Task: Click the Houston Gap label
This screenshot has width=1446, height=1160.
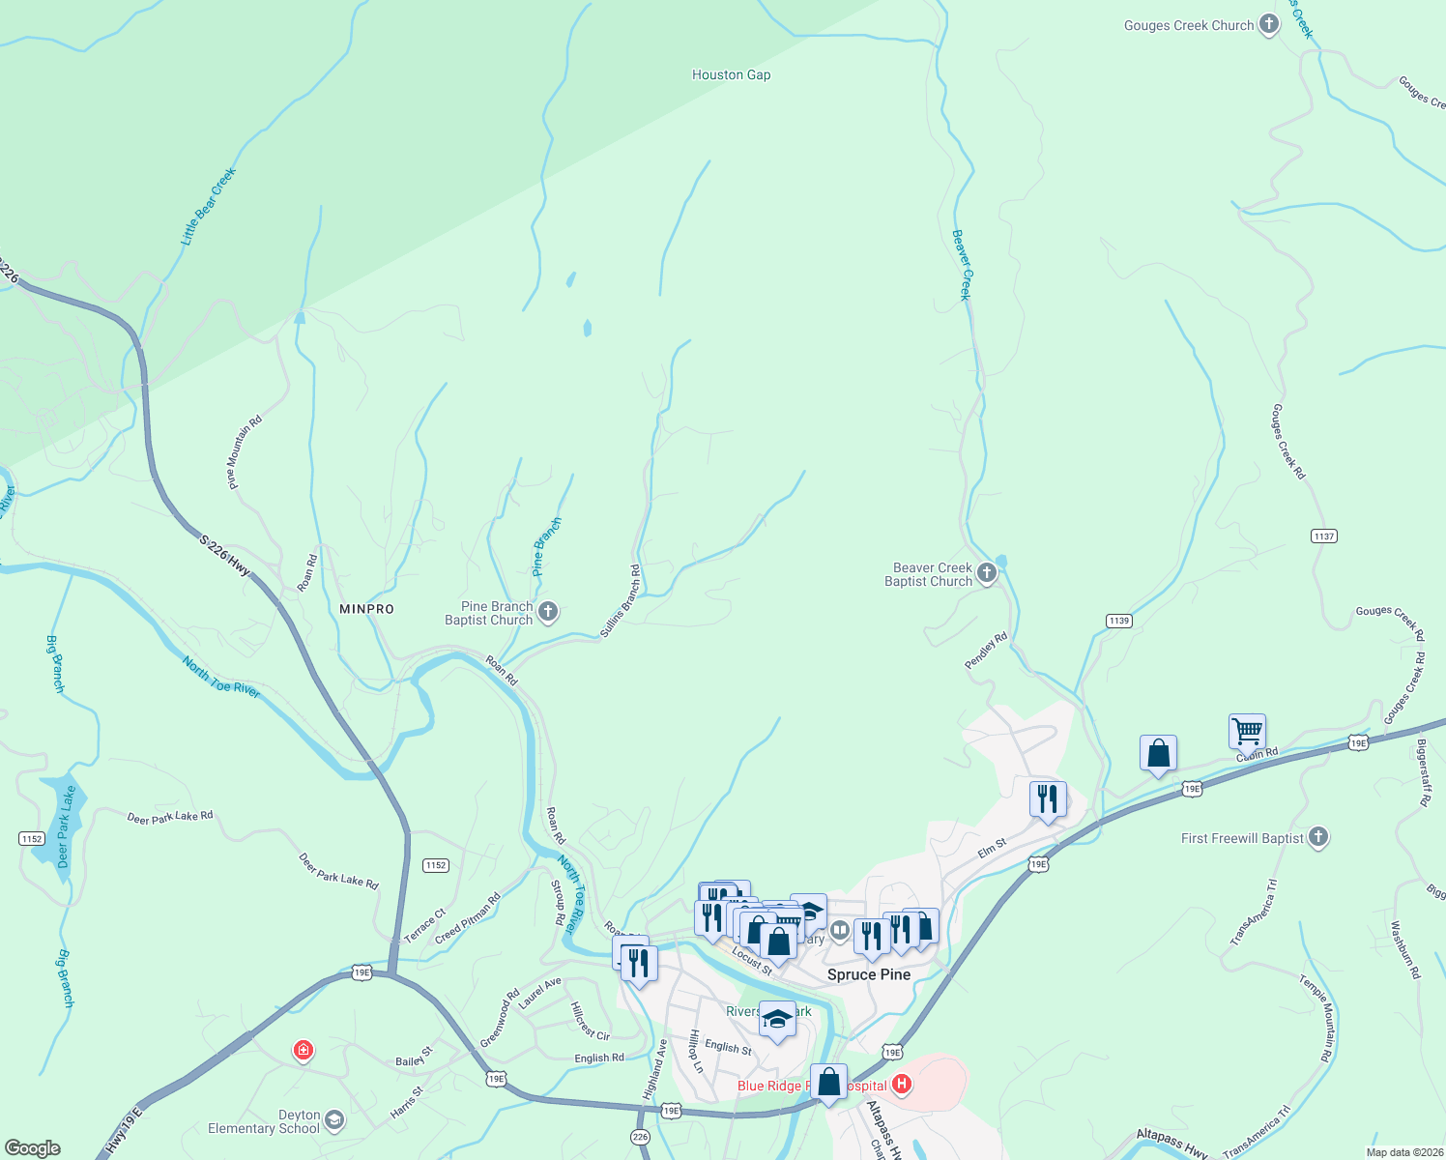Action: tap(731, 74)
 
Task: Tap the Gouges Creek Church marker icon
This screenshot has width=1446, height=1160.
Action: tap(1269, 25)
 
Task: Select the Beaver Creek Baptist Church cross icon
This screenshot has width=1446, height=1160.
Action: tap(987, 573)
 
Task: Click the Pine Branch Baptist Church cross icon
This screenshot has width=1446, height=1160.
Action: tap(548, 611)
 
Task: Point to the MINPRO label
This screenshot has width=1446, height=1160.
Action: tap(367, 609)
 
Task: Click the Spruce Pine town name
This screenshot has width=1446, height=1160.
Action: tap(868, 974)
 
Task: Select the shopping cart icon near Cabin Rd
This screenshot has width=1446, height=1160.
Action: tap(1247, 731)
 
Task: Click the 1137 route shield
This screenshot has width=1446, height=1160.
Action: tap(1323, 536)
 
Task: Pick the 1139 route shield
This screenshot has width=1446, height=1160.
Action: tap(1119, 621)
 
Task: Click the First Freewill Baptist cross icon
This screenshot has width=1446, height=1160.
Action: tap(1318, 837)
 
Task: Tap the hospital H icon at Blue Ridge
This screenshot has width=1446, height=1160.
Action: tap(902, 1084)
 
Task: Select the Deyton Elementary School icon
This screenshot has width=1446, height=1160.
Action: tap(334, 1119)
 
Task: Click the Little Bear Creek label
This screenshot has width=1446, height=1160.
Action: tap(208, 206)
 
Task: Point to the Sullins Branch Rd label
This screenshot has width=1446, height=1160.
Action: tap(620, 601)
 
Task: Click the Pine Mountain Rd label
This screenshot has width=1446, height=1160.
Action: tap(244, 452)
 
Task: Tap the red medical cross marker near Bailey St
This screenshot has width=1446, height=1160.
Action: tap(304, 1050)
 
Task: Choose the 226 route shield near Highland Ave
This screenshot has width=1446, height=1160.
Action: tap(640, 1137)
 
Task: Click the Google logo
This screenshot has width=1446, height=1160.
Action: tap(32, 1148)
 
